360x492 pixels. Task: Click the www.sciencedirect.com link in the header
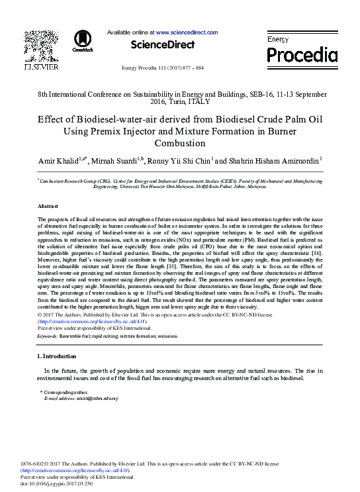click(187, 32)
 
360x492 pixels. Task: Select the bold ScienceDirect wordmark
click(162, 45)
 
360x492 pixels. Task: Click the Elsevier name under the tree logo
click(41, 68)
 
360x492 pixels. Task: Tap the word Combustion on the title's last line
click(180, 143)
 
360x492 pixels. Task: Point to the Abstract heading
click(48, 207)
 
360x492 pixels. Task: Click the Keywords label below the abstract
click(48, 336)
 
